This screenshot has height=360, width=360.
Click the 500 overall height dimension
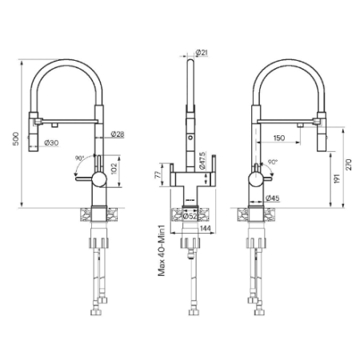click(x=16, y=138)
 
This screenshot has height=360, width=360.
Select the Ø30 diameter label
click(x=51, y=143)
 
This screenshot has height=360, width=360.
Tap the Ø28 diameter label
click(x=118, y=134)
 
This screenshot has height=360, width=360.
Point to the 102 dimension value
click(x=114, y=169)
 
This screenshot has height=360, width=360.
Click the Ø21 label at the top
click(x=202, y=53)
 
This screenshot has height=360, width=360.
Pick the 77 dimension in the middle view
click(x=158, y=175)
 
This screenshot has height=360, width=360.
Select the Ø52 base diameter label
click(x=190, y=216)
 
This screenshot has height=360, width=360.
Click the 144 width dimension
click(x=206, y=228)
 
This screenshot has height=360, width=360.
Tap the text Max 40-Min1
click(x=162, y=250)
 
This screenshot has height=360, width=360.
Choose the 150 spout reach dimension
click(x=279, y=138)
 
